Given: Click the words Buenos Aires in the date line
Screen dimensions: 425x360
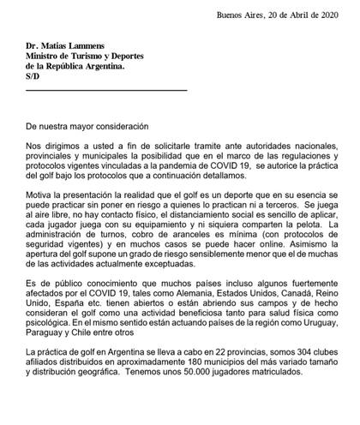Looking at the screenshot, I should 238,16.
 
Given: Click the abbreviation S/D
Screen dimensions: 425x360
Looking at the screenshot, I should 33,78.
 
